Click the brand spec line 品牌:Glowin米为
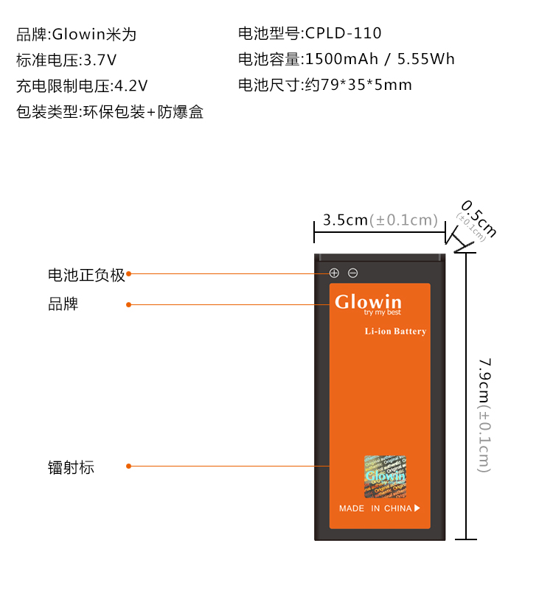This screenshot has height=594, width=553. coord(77,35)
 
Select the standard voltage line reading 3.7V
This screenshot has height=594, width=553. coord(66,60)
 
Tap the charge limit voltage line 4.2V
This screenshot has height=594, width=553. coord(83,86)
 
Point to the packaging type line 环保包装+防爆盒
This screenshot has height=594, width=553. coord(110,112)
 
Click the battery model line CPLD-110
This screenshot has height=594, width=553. coord(310,33)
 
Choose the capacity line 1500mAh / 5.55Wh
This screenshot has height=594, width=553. coord(347,59)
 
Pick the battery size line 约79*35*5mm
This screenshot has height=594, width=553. coord(325,85)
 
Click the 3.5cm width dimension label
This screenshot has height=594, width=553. coord(380,220)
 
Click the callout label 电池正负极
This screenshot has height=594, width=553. coord(87,275)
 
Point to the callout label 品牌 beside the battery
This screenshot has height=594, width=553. coord(63,304)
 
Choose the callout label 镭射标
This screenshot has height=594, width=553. coord(71,467)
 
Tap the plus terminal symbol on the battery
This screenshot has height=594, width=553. coord(334,273)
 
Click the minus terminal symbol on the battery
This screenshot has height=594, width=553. coord(353,273)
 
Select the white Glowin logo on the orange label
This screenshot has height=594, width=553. coord(368,301)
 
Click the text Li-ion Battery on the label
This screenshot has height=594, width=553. coord(395,332)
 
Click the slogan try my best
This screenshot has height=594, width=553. coord(383,313)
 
